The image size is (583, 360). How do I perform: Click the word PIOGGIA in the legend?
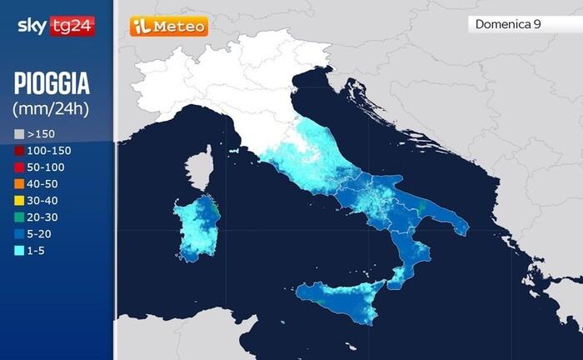[x=52, y=84]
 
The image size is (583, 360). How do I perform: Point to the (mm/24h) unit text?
[x=51, y=108]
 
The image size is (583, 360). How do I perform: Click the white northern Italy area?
[x=225, y=83]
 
